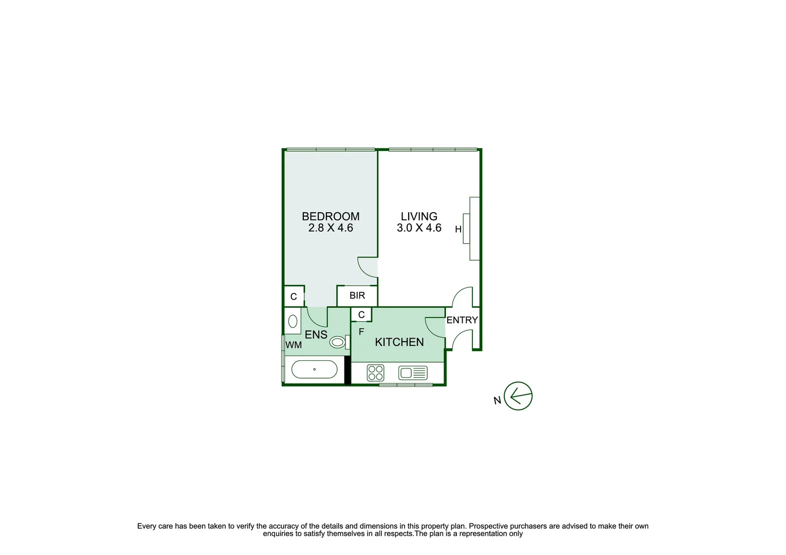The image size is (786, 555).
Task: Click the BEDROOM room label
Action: click(331, 216)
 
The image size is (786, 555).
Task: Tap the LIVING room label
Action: click(419, 216)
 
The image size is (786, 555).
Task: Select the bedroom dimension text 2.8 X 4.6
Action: click(331, 228)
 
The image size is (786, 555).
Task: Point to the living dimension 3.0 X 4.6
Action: click(419, 228)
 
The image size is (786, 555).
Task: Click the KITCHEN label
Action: click(399, 342)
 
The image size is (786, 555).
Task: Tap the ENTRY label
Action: click(462, 320)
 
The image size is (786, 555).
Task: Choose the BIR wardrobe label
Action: click(357, 295)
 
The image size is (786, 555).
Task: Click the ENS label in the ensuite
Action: click(316, 335)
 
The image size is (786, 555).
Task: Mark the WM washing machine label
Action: click(294, 345)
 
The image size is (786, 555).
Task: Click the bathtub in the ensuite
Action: click(314, 369)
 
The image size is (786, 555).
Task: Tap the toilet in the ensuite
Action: click(338, 342)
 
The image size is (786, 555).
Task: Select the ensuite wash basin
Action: click(293, 321)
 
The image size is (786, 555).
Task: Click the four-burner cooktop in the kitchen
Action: click(376, 373)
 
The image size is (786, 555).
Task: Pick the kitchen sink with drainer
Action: click(413, 373)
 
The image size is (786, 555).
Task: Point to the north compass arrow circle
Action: click(518, 396)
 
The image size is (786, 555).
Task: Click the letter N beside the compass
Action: click(497, 400)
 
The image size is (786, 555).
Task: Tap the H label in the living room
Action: click(458, 230)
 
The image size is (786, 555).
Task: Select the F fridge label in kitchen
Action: click(361, 332)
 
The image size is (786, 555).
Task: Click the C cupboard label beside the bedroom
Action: click(294, 297)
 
